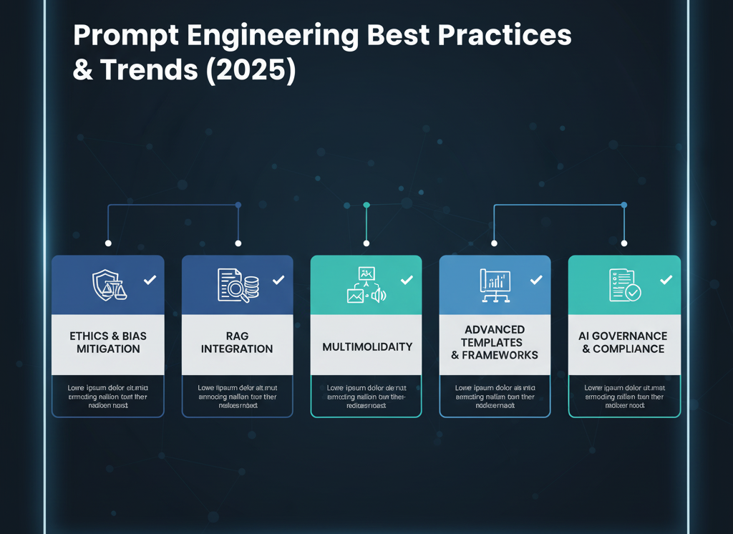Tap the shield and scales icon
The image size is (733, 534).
[x=108, y=285]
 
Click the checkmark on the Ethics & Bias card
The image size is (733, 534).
[x=150, y=280]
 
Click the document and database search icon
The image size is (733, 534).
[x=237, y=285]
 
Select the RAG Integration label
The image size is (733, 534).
[x=237, y=343]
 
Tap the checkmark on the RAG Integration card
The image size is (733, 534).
[x=278, y=280]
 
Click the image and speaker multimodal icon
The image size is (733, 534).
[x=366, y=285]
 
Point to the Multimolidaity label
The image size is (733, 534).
[x=367, y=346]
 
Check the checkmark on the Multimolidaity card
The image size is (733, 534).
[x=407, y=280]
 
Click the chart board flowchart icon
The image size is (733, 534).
[x=495, y=285]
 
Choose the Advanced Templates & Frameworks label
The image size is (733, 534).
[x=495, y=342]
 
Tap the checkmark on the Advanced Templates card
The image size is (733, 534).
[x=535, y=280]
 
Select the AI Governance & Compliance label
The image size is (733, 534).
[x=623, y=343]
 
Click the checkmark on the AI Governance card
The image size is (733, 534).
[x=666, y=280]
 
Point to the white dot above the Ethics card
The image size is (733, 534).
[x=108, y=243]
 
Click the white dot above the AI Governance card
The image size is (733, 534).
[x=624, y=243]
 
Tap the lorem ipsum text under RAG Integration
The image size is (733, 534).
[x=237, y=397]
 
